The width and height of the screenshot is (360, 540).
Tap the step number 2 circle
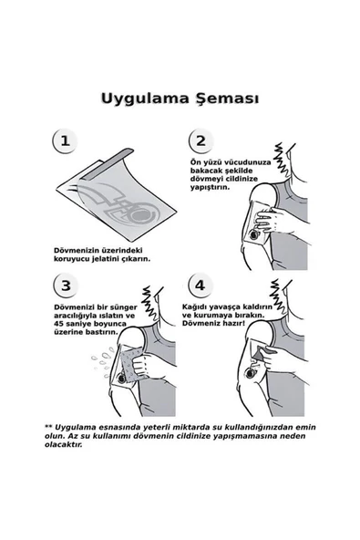click(199, 141)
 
